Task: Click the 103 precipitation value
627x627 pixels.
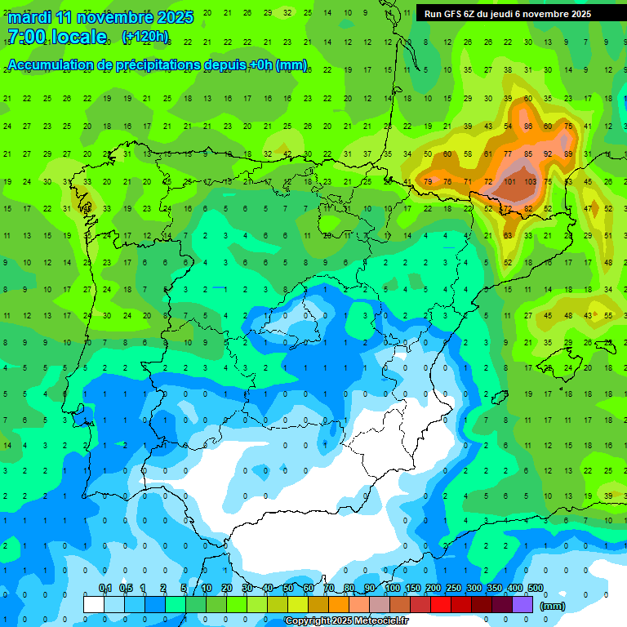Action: click(x=530, y=181)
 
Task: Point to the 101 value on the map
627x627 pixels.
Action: click(x=509, y=181)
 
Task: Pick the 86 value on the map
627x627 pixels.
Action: click(x=529, y=126)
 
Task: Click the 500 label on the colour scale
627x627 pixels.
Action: click(x=536, y=588)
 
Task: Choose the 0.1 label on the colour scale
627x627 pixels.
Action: click(x=105, y=588)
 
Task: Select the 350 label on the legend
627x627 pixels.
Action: click(x=495, y=588)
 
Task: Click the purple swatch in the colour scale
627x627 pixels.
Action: click(x=522, y=604)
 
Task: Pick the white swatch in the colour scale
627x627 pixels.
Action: click(x=94, y=604)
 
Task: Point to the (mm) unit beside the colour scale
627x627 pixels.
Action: click(x=553, y=607)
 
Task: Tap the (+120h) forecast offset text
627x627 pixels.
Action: click(x=145, y=37)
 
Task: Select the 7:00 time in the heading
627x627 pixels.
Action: click(x=28, y=37)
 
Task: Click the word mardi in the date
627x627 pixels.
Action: click(x=29, y=16)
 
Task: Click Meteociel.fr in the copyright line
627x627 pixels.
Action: click(x=378, y=621)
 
